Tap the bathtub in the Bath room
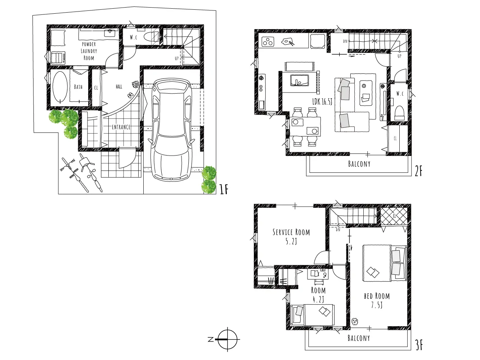[60, 87]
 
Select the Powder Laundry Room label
[89, 51]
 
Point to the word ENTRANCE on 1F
[121, 127]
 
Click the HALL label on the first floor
[119, 87]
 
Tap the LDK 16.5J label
[322, 102]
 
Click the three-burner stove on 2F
[268, 41]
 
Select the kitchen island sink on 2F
[299, 80]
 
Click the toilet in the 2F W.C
[400, 113]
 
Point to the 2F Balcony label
[359, 164]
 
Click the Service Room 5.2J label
[291, 237]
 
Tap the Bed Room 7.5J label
[377, 301]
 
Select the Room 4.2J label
[318, 295]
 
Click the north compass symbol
[228, 339]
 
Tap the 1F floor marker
[224, 189]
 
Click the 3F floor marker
[418, 345]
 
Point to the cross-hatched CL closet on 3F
[394, 216]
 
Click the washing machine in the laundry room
[58, 58]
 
